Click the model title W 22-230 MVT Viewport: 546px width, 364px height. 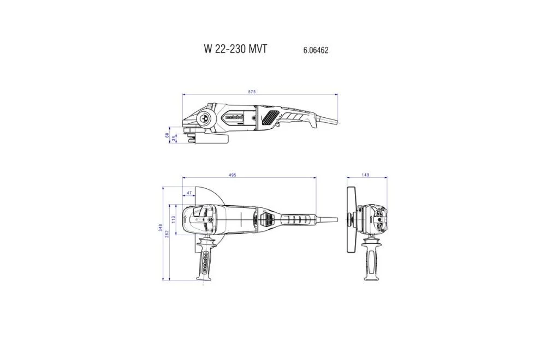pyautogui.click(x=236, y=49)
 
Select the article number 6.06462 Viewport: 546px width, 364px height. pyautogui.click(x=316, y=50)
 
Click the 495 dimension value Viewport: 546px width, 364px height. pyautogui.click(x=232, y=175)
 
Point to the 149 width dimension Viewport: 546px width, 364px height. pyautogui.click(x=366, y=175)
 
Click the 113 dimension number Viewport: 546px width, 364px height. pyautogui.click(x=173, y=218)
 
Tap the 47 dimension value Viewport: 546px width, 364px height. pyautogui.click(x=189, y=193)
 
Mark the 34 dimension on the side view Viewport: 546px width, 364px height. pyautogui.click(x=173, y=140)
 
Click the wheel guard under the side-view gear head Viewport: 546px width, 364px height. pyautogui.click(x=210, y=140)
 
